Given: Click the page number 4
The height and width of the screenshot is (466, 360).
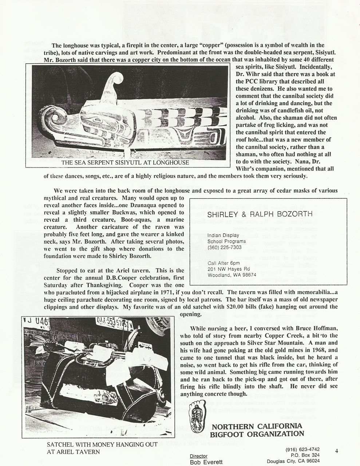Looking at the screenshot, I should pyautogui.click(x=337, y=451).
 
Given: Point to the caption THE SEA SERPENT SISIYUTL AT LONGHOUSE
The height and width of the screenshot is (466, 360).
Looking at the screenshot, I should pyautogui.click(x=126, y=162).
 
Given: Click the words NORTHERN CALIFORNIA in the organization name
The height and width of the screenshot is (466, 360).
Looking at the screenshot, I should pyautogui.click(x=257, y=426).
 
